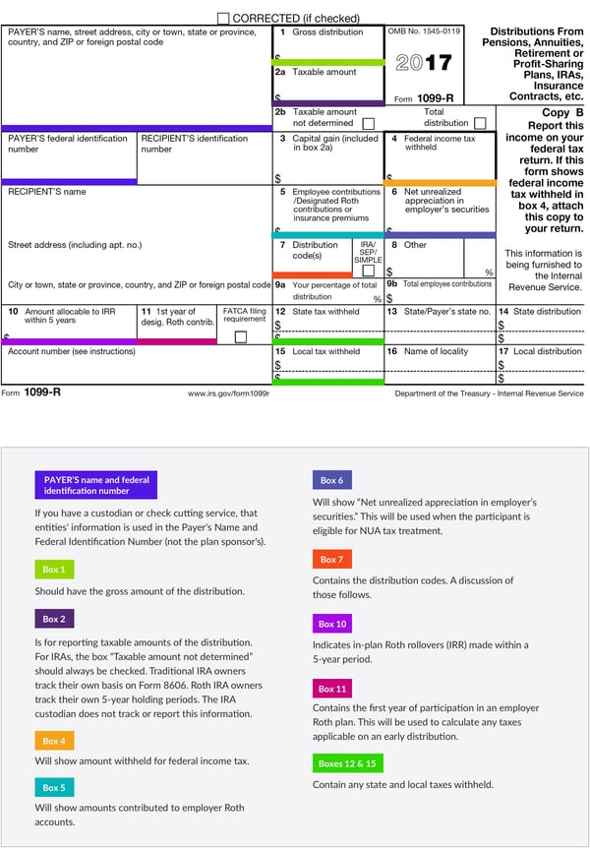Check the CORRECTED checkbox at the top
click(223, 18)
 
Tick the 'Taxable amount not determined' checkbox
click(368, 124)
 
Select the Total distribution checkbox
click(480, 124)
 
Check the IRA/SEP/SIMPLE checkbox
click(368, 271)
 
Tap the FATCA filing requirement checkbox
click(240, 336)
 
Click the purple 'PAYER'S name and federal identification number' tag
click(95, 485)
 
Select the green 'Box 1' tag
click(54, 570)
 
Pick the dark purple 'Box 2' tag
click(54, 620)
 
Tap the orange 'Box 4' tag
click(54, 740)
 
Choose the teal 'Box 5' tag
click(54, 787)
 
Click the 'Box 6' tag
click(331, 480)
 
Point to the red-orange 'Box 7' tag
click(331, 559)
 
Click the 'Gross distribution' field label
click(327, 32)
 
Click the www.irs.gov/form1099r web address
click(228, 394)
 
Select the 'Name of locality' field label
click(436, 351)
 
